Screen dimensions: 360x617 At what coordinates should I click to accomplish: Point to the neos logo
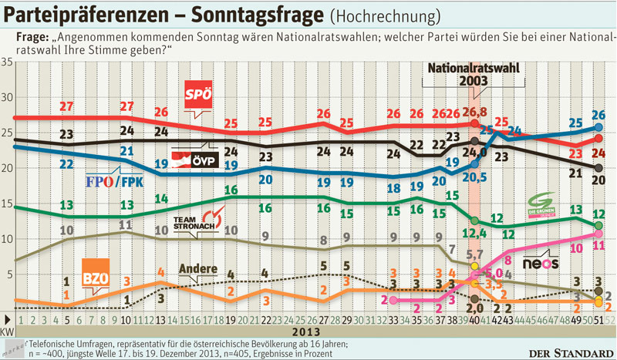point(540,263)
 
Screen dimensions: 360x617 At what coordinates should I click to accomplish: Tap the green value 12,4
point(473,232)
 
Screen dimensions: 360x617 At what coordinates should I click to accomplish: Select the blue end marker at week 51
point(598,127)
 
